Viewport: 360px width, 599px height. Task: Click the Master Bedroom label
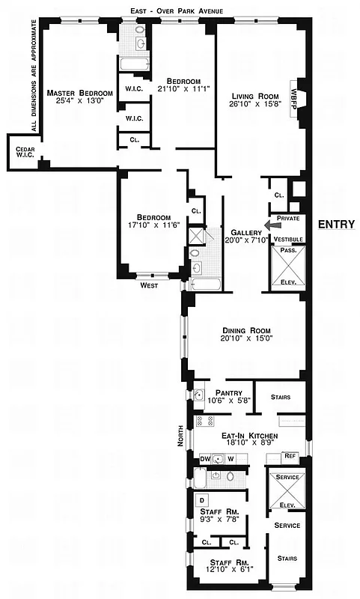click(x=79, y=93)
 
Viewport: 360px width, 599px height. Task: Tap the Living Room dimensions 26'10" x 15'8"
click(x=254, y=106)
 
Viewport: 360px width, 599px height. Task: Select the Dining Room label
click(x=245, y=330)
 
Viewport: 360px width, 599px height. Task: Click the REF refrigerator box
click(x=290, y=455)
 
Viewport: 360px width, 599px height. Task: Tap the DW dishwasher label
click(x=204, y=459)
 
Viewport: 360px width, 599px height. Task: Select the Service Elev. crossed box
click(x=287, y=491)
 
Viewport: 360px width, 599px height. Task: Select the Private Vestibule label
click(x=288, y=228)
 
